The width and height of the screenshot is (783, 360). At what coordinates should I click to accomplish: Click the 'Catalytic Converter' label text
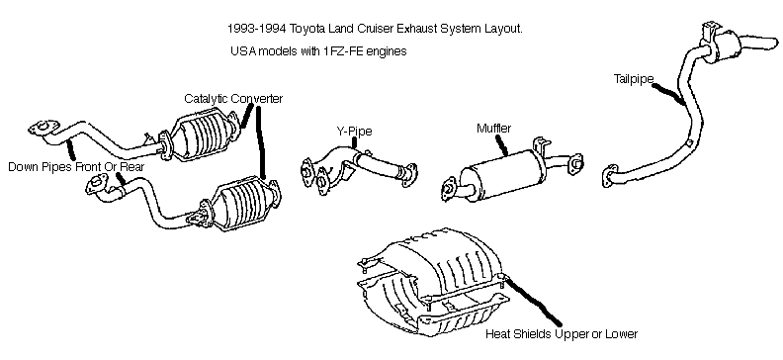(x=233, y=98)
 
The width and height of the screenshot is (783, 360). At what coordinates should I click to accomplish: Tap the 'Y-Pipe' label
(x=354, y=132)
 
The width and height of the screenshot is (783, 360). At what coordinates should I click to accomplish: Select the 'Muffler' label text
(x=494, y=129)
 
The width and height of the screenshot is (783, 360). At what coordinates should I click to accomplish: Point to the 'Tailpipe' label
(x=633, y=79)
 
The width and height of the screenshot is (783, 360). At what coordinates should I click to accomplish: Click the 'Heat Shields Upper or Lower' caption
(x=562, y=333)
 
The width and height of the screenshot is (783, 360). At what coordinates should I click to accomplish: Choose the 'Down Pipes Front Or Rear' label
(x=76, y=166)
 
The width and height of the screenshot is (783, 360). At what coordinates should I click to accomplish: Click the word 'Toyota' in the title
(x=306, y=29)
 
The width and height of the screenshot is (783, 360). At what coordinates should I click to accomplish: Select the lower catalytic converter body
(x=246, y=204)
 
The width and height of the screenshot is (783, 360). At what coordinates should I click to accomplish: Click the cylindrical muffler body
(x=499, y=176)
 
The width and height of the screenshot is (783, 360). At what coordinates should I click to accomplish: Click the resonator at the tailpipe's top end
(x=723, y=45)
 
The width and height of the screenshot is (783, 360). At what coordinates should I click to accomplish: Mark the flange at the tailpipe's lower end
(x=610, y=176)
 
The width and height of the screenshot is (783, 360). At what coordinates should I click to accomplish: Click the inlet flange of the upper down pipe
(x=41, y=128)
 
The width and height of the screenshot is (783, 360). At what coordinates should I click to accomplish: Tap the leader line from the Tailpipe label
(x=668, y=94)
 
